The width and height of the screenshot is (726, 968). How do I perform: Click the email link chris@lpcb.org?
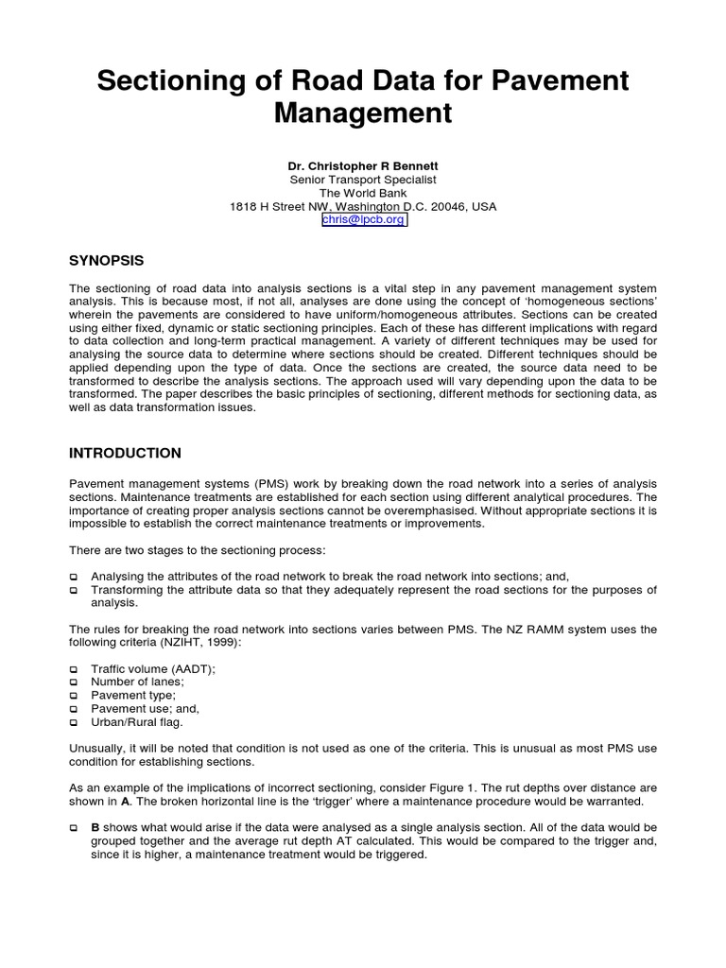(x=364, y=219)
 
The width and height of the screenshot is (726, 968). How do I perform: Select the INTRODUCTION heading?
(x=125, y=453)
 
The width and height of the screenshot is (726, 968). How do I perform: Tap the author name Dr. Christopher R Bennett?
(x=363, y=165)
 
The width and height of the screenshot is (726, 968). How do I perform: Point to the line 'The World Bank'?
(x=363, y=193)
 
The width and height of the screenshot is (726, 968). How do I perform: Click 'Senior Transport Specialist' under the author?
(x=363, y=180)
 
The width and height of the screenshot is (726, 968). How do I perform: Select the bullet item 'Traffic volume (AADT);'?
(x=153, y=668)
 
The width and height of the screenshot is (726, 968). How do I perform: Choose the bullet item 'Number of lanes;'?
(x=137, y=682)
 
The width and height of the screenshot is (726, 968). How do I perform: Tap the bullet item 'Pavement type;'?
(x=133, y=695)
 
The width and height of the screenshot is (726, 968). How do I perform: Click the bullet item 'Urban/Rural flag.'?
(x=137, y=722)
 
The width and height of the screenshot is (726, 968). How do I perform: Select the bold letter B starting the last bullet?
(x=95, y=827)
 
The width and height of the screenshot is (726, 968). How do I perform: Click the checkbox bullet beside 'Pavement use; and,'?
(x=74, y=709)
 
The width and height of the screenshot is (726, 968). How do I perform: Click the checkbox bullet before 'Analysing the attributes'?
(x=74, y=577)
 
